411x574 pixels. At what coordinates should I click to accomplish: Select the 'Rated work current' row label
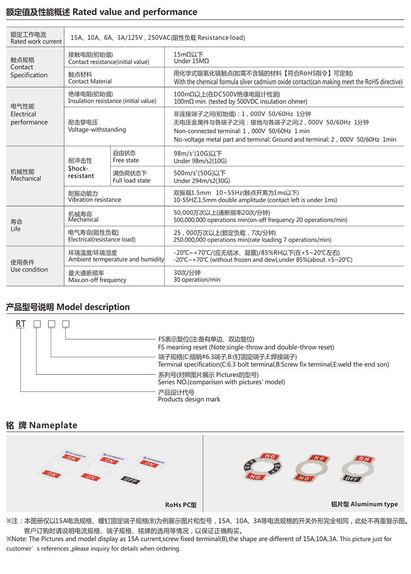coord(36,42)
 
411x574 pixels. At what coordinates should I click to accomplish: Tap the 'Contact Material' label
coord(90,82)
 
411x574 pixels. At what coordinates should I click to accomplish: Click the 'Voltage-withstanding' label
coord(97,130)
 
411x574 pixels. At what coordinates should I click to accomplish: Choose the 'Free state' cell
coord(126,160)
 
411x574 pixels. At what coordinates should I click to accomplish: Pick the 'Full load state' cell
coord(131,180)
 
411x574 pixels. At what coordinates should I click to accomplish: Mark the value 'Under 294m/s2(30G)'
coord(202,181)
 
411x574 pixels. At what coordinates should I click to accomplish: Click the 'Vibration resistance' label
coord(94,200)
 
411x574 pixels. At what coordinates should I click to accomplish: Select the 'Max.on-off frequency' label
coord(97,280)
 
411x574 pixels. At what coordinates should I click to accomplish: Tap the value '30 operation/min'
coord(197,280)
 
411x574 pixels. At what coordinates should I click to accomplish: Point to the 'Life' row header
coord(16,229)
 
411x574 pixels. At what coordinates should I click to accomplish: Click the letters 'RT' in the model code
coord(21,324)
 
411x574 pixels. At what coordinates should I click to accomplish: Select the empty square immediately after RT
coord(38,324)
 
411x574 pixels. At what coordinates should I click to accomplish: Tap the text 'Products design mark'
coord(189,399)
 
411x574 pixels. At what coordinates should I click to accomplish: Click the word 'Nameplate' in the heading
coord(53,425)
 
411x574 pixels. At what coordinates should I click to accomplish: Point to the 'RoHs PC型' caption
coord(181,505)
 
